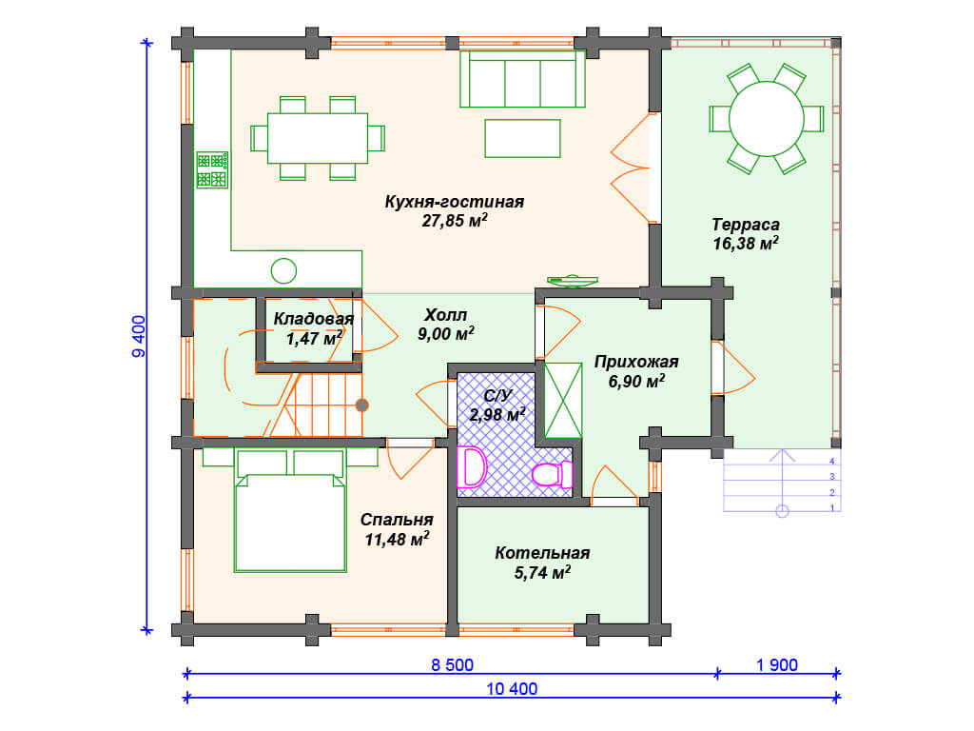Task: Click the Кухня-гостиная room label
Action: coord(454,202)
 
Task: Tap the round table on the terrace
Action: coord(767,119)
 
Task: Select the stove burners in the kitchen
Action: coord(212,169)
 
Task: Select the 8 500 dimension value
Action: coord(452,665)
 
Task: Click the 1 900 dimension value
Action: coord(776,665)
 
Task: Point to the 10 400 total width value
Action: coord(512,689)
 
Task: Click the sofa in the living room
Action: coord(522,79)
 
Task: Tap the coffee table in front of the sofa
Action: coord(522,138)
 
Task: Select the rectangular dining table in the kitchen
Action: coord(318,138)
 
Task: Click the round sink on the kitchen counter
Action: coord(283,270)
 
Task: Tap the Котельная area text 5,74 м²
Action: coord(542,572)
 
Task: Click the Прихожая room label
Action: coord(636,362)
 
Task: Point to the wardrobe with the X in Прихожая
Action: coord(563,401)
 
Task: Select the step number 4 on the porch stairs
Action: coord(832,462)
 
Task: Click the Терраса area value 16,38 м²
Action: coord(746,243)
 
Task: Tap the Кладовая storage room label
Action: coord(313,319)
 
